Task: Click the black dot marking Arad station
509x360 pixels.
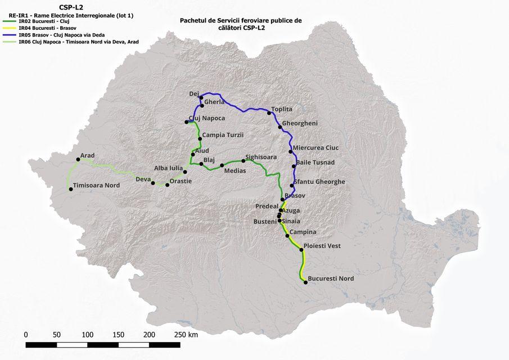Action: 78,160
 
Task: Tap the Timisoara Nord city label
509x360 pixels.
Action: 97,185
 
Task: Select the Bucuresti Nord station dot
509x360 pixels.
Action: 305,282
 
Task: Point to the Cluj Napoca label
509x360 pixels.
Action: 207,118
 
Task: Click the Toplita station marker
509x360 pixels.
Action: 269,113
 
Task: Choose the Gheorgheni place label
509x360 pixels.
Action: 300,123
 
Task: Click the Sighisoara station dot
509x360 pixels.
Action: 244,161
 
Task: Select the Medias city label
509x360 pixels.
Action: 235,170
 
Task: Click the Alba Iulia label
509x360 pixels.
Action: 169,168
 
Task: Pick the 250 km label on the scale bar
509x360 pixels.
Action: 186,335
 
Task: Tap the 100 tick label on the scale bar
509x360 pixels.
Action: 87,335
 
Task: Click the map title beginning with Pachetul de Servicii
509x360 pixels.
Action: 241,24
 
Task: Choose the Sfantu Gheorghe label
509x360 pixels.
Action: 319,182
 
